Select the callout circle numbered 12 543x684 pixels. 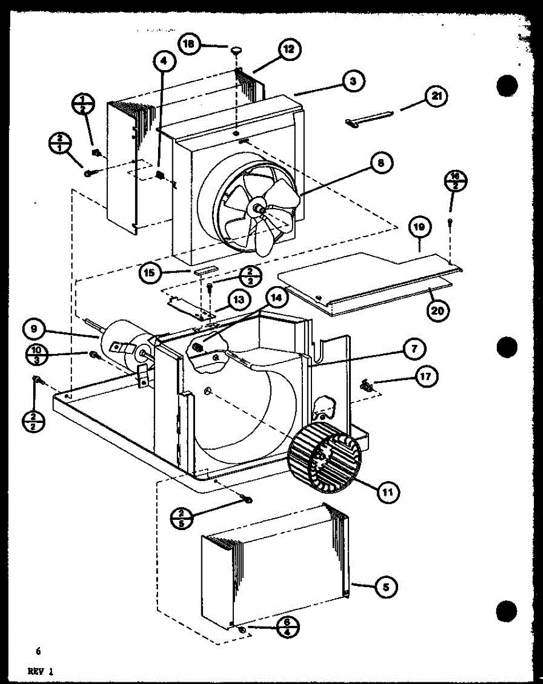pos(289,50)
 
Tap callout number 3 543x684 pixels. pos(353,82)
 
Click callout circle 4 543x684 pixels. pos(164,62)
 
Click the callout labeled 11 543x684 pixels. pos(387,491)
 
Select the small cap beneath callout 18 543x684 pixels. pos(235,52)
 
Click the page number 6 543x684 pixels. pos(38,651)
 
